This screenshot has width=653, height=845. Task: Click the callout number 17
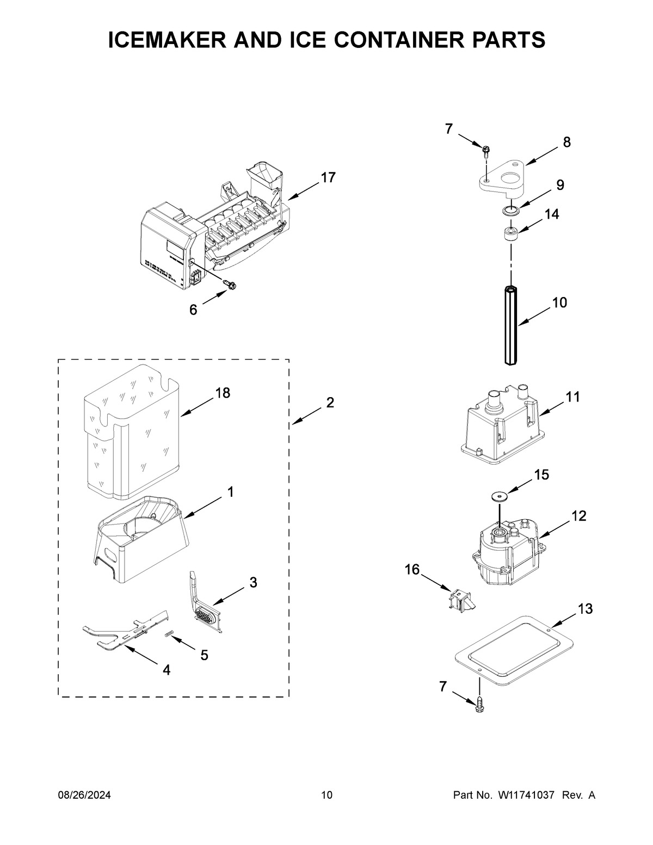point(328,177)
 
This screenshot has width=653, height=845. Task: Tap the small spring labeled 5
point(169,634)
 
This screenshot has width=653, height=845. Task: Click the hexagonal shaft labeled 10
point(510,326)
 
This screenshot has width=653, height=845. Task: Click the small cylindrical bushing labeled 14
point(510,235)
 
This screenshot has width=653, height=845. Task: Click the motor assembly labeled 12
point(503,550)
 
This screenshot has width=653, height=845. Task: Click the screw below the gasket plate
point(479,706)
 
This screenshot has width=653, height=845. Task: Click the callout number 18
point(223,392)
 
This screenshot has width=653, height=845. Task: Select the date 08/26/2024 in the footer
point(84,795)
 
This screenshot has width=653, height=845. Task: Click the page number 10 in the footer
point(326,795)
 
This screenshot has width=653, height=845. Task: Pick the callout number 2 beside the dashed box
point(330,403)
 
